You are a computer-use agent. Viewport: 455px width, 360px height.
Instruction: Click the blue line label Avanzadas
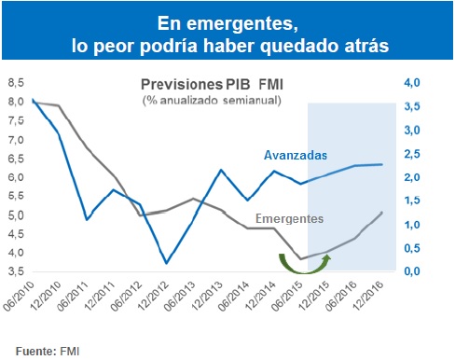(x=295, y=155)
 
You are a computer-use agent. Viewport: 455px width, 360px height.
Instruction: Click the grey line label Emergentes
(x=290, y=218)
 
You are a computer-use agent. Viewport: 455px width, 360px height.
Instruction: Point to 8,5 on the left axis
(x=16, y=83)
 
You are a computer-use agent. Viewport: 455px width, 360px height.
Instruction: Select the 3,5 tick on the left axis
(x=16, y=271)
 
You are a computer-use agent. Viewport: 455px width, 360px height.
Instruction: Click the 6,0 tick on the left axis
(x=16, y=177)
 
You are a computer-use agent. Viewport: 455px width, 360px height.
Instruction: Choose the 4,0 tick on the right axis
(x=411, y=83)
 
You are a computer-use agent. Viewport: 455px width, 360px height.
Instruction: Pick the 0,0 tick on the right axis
(x=411, y=271)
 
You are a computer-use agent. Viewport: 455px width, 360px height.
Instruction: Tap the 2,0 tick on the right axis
(x=411, y=177)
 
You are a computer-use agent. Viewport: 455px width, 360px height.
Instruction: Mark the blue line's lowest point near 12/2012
(x=166, y=263)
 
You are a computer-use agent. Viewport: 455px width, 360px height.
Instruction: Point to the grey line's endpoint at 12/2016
(x=381, y=213)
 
